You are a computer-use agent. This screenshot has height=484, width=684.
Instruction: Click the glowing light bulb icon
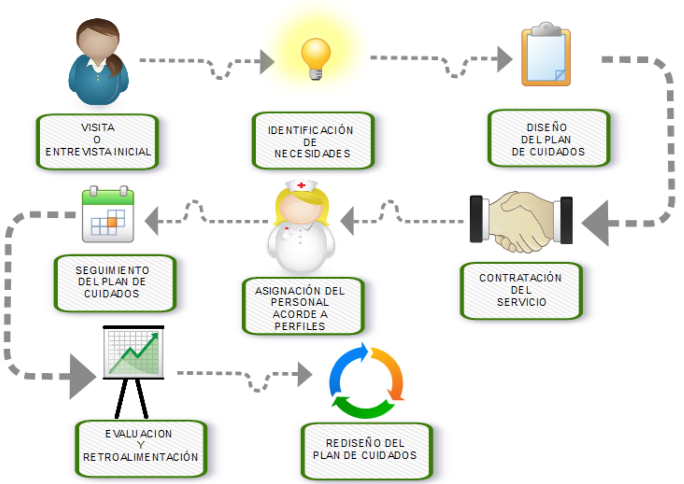pyautogui.click(x=316, y=58)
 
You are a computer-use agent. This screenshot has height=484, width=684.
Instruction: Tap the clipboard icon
pyautogui.click(x=546, y=55)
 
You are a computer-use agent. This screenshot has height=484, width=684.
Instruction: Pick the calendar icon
pyautogui.click(x=108, y=215)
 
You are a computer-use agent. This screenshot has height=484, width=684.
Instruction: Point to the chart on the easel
pyautogui.click(x=133, y=353)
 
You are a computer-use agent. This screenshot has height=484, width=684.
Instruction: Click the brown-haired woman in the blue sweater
pyautogui.click(x=98, y=62)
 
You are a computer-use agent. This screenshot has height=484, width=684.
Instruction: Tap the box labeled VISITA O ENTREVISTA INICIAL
pyautogui.click(x=97, y=141)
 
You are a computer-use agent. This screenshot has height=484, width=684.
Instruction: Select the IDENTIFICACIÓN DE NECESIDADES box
pyautogui.click(x=312, y=141)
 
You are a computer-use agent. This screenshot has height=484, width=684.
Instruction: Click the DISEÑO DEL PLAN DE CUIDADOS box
pyautogui.click(x=548, y=139)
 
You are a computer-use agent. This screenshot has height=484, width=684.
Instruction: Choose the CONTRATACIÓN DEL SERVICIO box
pyautogui.click(x=521, y=290)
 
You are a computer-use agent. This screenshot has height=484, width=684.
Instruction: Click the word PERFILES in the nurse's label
pyautogui.click(x=300, y=326)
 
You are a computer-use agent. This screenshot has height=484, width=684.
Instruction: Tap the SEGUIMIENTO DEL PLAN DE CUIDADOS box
pyautogui.click(x=114, y=282)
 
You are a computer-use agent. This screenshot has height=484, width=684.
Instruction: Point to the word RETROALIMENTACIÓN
pyautogui.click(x=141, y=457)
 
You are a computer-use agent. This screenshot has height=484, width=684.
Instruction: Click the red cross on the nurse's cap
pyautogui.click(x=301, y=185)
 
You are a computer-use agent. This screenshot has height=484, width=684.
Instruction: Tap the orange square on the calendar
pyautogui.click(x=112, y=222)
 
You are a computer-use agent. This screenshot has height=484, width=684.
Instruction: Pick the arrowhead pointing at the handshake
pyautogui.click(x=596, y=223)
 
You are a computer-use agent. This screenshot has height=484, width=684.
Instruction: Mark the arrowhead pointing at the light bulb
pyautogui.click(x=267, y=62)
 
